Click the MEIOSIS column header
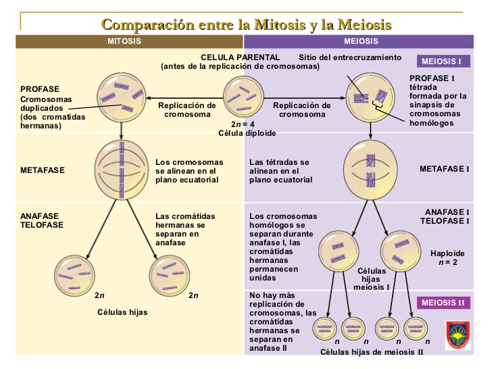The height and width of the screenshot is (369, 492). click(365, 42)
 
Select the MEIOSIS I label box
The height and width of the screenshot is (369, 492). click(441, 62)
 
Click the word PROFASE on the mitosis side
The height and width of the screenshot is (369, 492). click(40, 89)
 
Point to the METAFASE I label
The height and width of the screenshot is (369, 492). click(444, 168)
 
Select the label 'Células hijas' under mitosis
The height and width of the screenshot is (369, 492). click(123, 312)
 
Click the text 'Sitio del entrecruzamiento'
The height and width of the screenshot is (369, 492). click(350, 57)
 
